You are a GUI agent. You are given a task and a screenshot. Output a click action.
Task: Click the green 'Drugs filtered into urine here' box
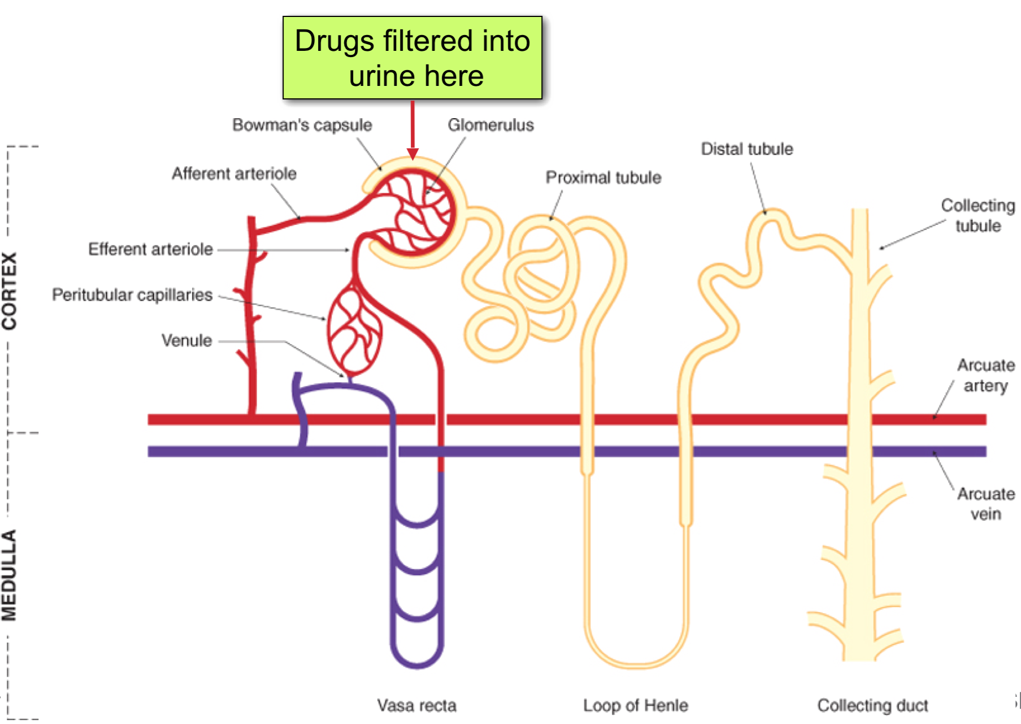(x=412, y=58)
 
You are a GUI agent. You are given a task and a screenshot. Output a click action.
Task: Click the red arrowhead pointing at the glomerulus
(x=413, y=153)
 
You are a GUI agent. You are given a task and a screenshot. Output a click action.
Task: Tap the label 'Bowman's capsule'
(x=302, y=125)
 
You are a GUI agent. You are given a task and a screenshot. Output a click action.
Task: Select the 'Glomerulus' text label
(x=490, y=125)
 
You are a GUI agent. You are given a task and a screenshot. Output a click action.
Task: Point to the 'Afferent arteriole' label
(x=234, y=174)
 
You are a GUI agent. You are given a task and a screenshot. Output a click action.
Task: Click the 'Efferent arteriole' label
(x=150, y=249)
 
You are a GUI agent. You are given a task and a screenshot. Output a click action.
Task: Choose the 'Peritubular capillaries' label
(x=132, y=294)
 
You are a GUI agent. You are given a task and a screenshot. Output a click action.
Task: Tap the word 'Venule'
(x=186, y=340)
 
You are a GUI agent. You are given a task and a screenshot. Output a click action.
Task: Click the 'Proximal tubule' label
(x=603, y=177)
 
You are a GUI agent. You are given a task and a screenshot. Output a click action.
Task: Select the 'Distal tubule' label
(x=747, y=149)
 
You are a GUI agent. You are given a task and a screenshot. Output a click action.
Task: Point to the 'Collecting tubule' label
(x=977, y=215)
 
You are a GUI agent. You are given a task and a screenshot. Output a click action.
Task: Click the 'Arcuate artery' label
(x=985, y=375)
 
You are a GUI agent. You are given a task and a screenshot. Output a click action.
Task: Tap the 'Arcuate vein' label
(x=985, y=504)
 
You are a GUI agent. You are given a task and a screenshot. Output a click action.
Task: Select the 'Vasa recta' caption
(x=417, y=705)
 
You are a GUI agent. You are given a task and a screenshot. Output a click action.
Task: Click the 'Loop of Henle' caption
(x=636, y=705)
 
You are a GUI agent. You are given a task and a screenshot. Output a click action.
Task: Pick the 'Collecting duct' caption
(x=872, y=705)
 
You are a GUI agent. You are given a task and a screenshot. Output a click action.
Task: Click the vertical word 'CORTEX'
(x=10, y=291)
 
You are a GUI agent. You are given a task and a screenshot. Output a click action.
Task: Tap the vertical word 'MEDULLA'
(x=10, y=575)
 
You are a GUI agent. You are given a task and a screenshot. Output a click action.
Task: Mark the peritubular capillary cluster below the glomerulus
(x=354, y=331)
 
